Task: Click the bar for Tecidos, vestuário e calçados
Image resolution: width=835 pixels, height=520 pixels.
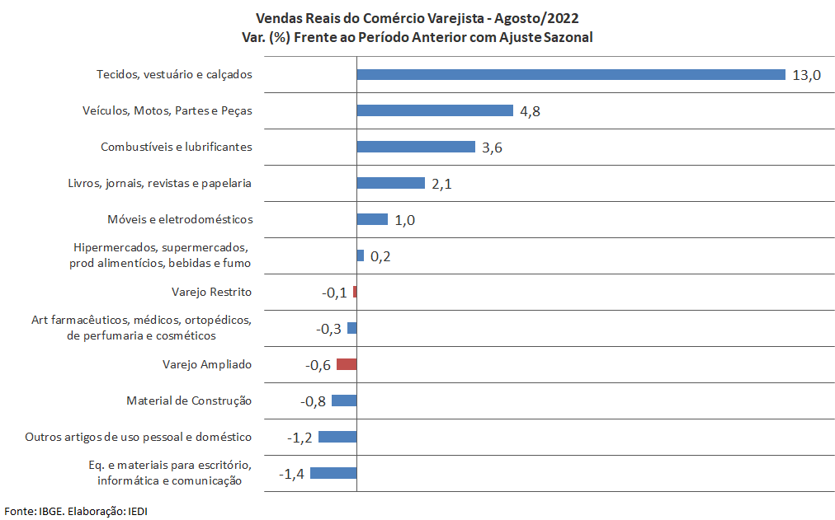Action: coord(570,74)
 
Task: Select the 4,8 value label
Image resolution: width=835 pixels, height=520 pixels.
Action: coord(530,111)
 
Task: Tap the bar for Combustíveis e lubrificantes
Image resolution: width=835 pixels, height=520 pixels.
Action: coord(416,147)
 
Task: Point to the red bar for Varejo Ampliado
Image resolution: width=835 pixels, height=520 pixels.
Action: coord(347,364)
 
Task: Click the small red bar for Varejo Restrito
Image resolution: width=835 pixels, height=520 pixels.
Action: coord(355,292)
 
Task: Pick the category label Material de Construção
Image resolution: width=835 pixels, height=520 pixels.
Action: coord(189,401)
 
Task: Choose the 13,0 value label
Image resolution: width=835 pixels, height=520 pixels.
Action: coord(806,75)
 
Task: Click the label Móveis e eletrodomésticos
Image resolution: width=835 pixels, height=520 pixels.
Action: coord(180,219)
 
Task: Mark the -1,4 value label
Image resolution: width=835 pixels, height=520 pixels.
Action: coord(292,474)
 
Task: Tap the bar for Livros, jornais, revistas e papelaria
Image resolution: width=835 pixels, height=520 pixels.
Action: coord(390,183)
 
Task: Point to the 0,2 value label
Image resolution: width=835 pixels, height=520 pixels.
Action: coord(380,256)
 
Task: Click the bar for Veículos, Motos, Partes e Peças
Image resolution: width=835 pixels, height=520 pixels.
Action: coord(435,110)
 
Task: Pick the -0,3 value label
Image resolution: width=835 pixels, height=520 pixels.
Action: coord(329,329)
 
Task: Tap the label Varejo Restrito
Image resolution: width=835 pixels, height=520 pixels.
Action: coord(211,292)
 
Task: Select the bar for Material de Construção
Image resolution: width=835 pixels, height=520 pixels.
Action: coord(344,401)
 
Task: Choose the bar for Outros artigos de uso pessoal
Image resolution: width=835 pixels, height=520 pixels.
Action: coord(337,437)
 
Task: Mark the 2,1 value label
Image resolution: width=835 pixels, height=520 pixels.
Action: coord(441,184)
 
